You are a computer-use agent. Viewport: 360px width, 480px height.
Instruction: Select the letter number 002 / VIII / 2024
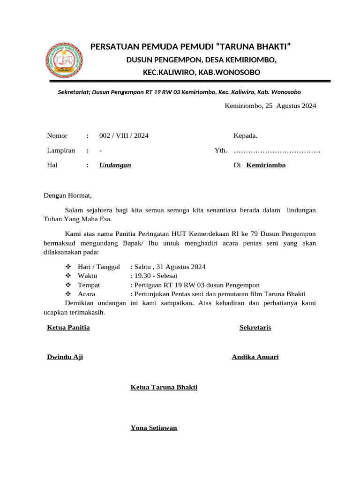pos(124,136)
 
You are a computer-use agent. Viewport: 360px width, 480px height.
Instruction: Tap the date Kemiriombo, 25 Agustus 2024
pos(270,105)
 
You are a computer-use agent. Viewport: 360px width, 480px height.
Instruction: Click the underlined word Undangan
pos(115,165)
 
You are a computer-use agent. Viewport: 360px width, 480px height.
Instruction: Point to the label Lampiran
pos(61,150)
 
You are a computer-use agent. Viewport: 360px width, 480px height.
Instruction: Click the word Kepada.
pos(245,136)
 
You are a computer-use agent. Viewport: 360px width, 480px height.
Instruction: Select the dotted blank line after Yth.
pos(277,151)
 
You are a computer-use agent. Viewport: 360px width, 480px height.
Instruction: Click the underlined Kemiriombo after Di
pos(266,165)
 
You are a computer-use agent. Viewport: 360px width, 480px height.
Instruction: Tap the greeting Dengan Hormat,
pos(68,195)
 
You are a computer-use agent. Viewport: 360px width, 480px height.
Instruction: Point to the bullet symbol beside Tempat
pos(68,285)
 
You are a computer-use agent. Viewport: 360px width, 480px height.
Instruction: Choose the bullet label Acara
pos(86,294)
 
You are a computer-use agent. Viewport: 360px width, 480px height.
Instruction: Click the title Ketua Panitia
pos(68,327)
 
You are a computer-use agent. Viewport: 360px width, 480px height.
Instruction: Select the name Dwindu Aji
pos(65,357)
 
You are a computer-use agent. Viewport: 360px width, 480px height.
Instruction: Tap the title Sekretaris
pos(255,327)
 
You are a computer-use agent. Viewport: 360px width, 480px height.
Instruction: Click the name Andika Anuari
pos(255,357)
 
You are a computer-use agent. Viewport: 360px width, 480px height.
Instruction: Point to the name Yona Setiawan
pos(154,428)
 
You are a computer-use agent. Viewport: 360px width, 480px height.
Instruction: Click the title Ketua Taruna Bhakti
pos(164,387)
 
